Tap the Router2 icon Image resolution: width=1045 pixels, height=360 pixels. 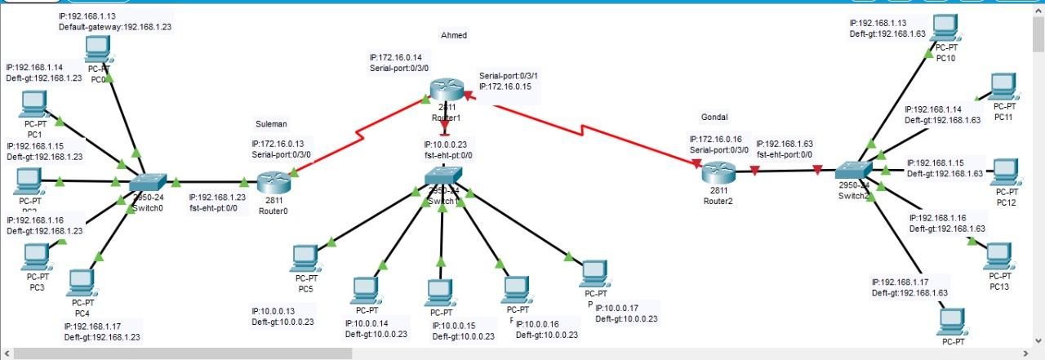719,171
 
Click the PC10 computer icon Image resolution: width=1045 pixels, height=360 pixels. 945,28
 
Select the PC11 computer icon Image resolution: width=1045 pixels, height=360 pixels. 1003,86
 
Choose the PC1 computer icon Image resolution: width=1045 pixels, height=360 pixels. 33,104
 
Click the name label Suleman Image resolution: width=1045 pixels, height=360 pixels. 271,124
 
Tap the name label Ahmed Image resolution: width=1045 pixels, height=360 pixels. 453,35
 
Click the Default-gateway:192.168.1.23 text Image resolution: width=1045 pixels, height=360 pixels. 114,27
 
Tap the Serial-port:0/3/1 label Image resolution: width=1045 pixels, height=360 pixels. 508,76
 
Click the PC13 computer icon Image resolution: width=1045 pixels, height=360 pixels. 998,256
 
